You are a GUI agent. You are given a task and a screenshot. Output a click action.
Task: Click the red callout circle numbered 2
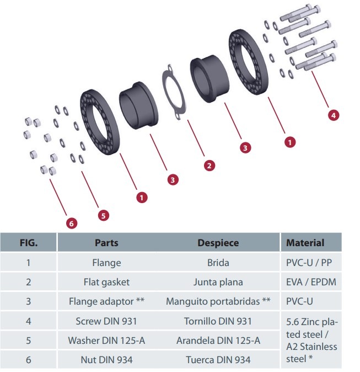click(209, 165)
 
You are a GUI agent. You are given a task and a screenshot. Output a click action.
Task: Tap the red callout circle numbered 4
click(332, 115)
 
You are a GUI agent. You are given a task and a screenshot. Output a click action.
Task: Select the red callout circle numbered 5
click(103, 214)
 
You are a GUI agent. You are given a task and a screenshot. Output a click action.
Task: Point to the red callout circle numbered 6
click(71, 224)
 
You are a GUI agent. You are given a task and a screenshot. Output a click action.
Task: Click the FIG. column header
click(28, 242)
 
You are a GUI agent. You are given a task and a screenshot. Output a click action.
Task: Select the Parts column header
click(106, 242)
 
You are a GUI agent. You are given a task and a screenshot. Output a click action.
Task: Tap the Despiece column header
click(218, 242)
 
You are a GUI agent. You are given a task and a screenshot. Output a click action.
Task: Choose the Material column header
click(305, 242)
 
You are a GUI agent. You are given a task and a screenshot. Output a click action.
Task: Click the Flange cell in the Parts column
click(106, 263)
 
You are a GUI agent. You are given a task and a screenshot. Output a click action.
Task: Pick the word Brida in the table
click(218, 263)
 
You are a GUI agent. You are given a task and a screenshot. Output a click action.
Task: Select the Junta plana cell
click(218, 282)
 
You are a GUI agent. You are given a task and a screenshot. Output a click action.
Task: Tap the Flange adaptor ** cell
click(106, 301)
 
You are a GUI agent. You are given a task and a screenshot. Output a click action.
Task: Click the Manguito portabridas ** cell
click(218, 301)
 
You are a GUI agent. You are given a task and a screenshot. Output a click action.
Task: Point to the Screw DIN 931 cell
click(106, 321)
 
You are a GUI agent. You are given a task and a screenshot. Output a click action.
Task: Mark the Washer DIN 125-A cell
click(106, 340)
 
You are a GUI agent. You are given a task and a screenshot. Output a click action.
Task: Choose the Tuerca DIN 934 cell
click(218, 360)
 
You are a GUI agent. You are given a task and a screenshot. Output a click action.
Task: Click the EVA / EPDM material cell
click(311, 282)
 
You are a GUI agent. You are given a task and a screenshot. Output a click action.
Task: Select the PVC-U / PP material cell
click(311, 263)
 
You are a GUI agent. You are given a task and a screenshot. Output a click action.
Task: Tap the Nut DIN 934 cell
click(106, 360)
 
